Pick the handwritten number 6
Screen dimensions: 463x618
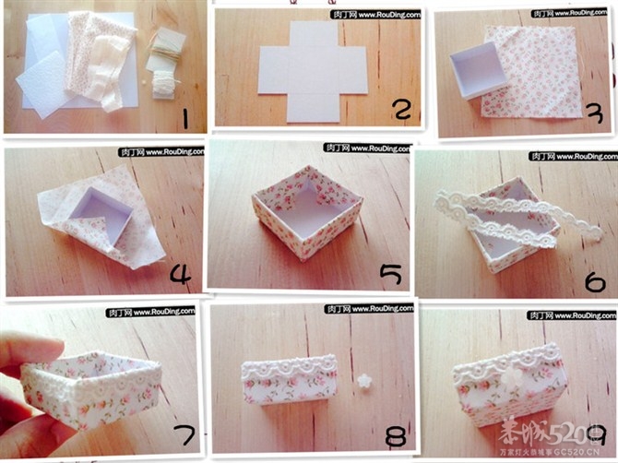tap(594, 278)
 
